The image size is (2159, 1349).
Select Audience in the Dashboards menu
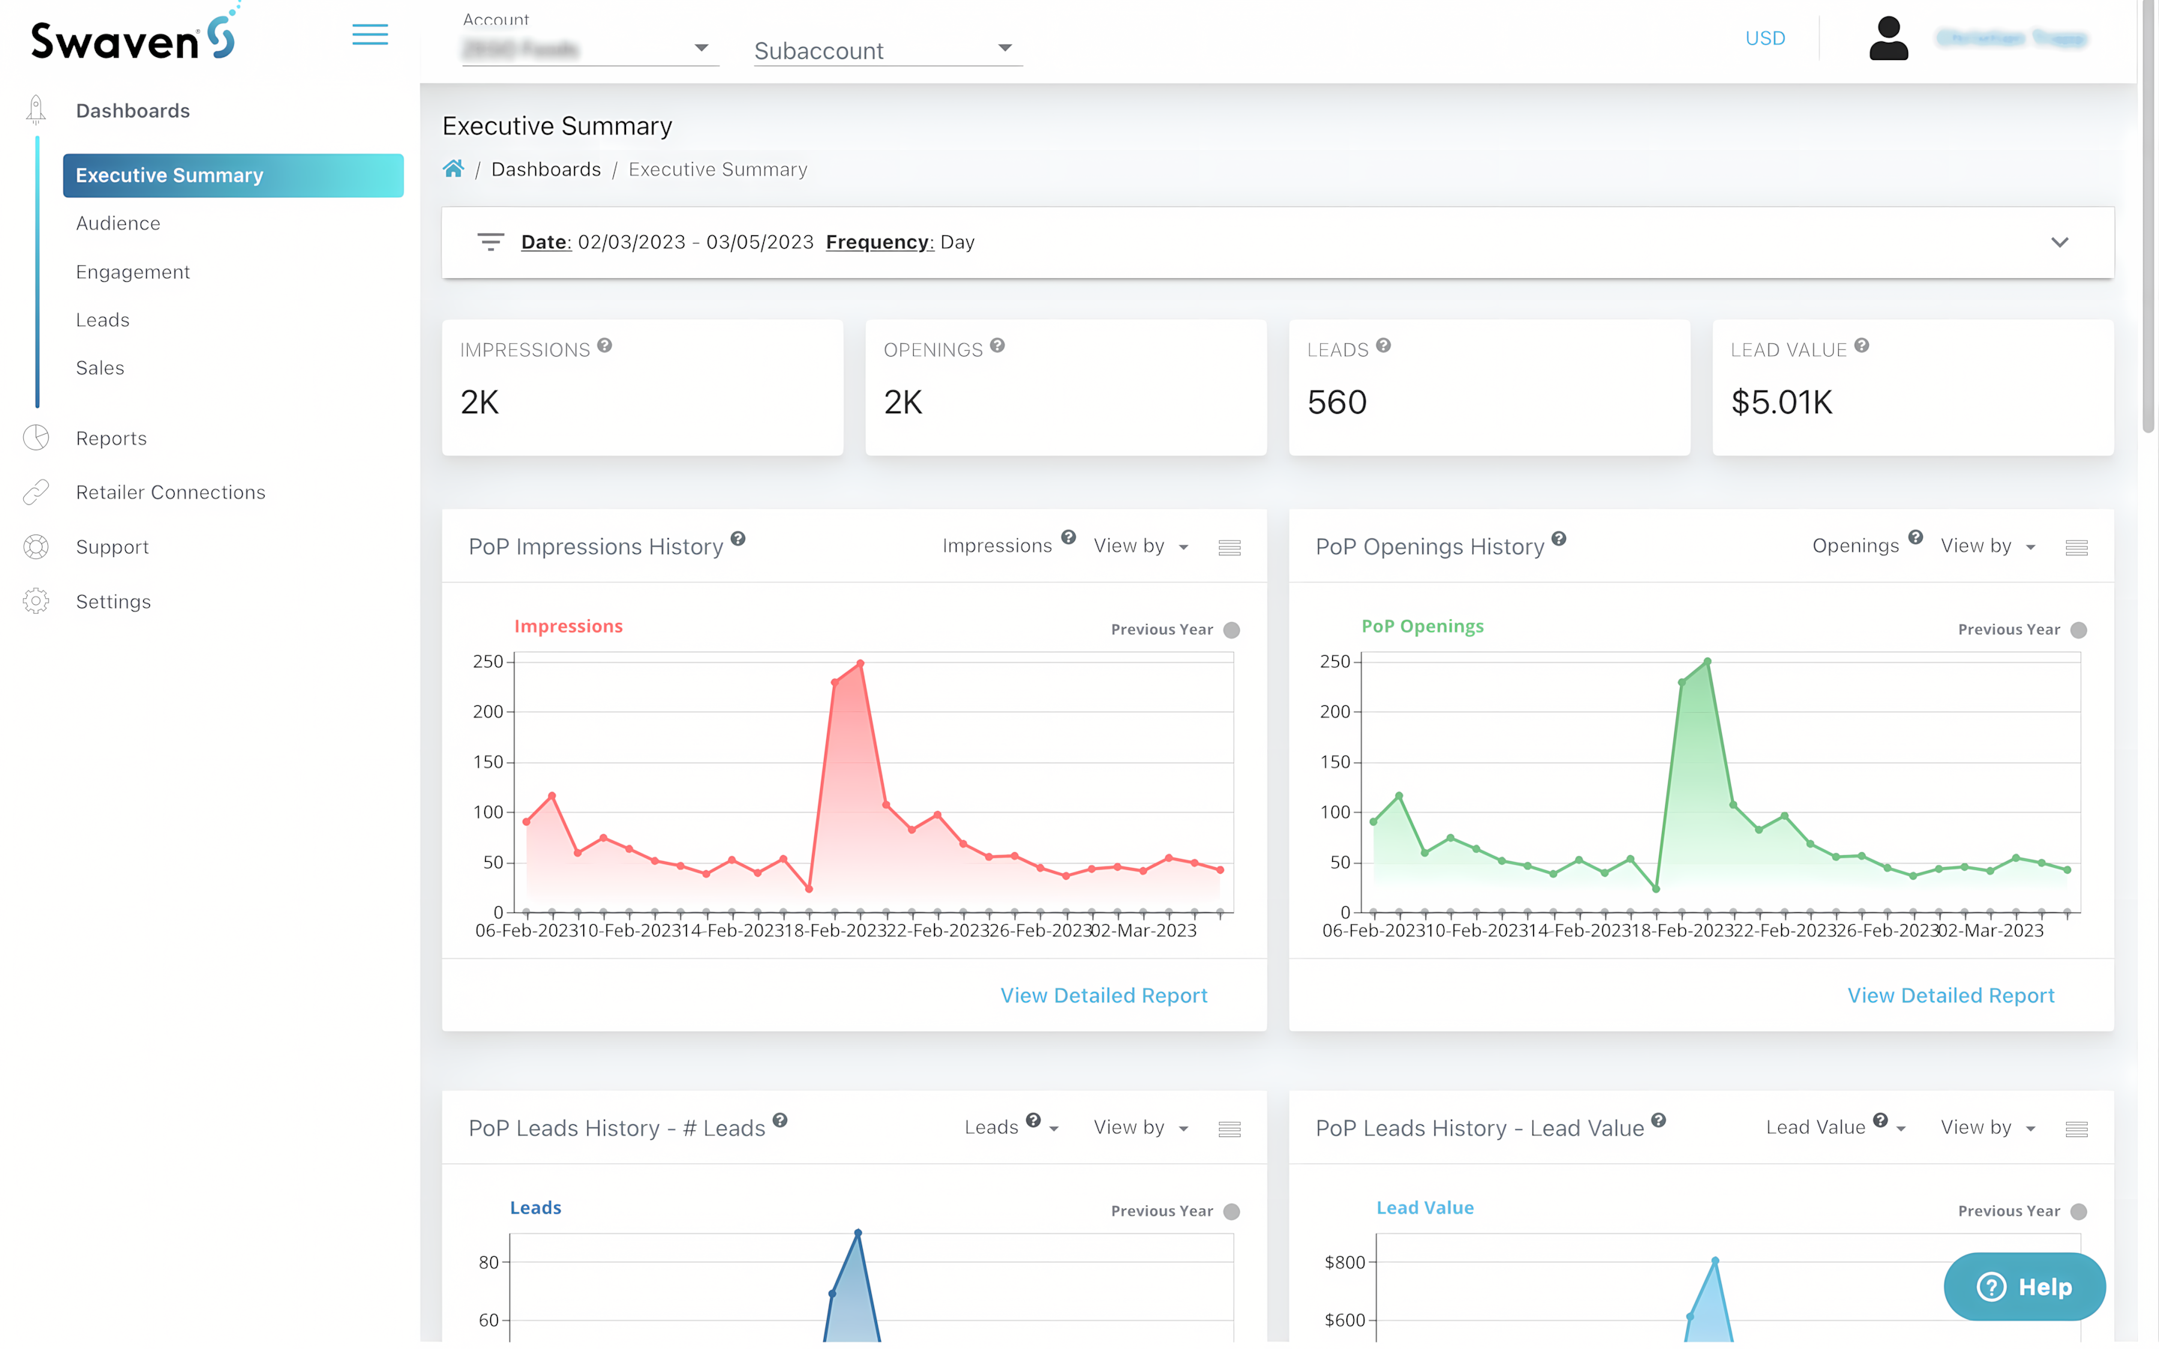(118, 223)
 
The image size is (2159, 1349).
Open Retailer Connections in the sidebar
(170, 492)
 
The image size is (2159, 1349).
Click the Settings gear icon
(36, 601)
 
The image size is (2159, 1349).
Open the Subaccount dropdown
(887, 50)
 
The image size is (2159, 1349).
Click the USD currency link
(1765, 38)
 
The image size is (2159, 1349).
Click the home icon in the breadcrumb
(454, 169)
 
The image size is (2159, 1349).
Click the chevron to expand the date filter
(2059, 243)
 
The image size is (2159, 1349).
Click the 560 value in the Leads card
(1337, 402)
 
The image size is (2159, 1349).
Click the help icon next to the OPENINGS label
(998, 346)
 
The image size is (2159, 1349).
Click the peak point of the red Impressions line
(860, 664)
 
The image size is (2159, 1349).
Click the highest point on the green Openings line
(1707, 662)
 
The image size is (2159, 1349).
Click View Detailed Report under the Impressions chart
(1103, 996)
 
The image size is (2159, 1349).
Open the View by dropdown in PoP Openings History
(1988, 546)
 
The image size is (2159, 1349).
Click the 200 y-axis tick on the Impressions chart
(488, 712)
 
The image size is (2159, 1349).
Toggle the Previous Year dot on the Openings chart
(2079, 630)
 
